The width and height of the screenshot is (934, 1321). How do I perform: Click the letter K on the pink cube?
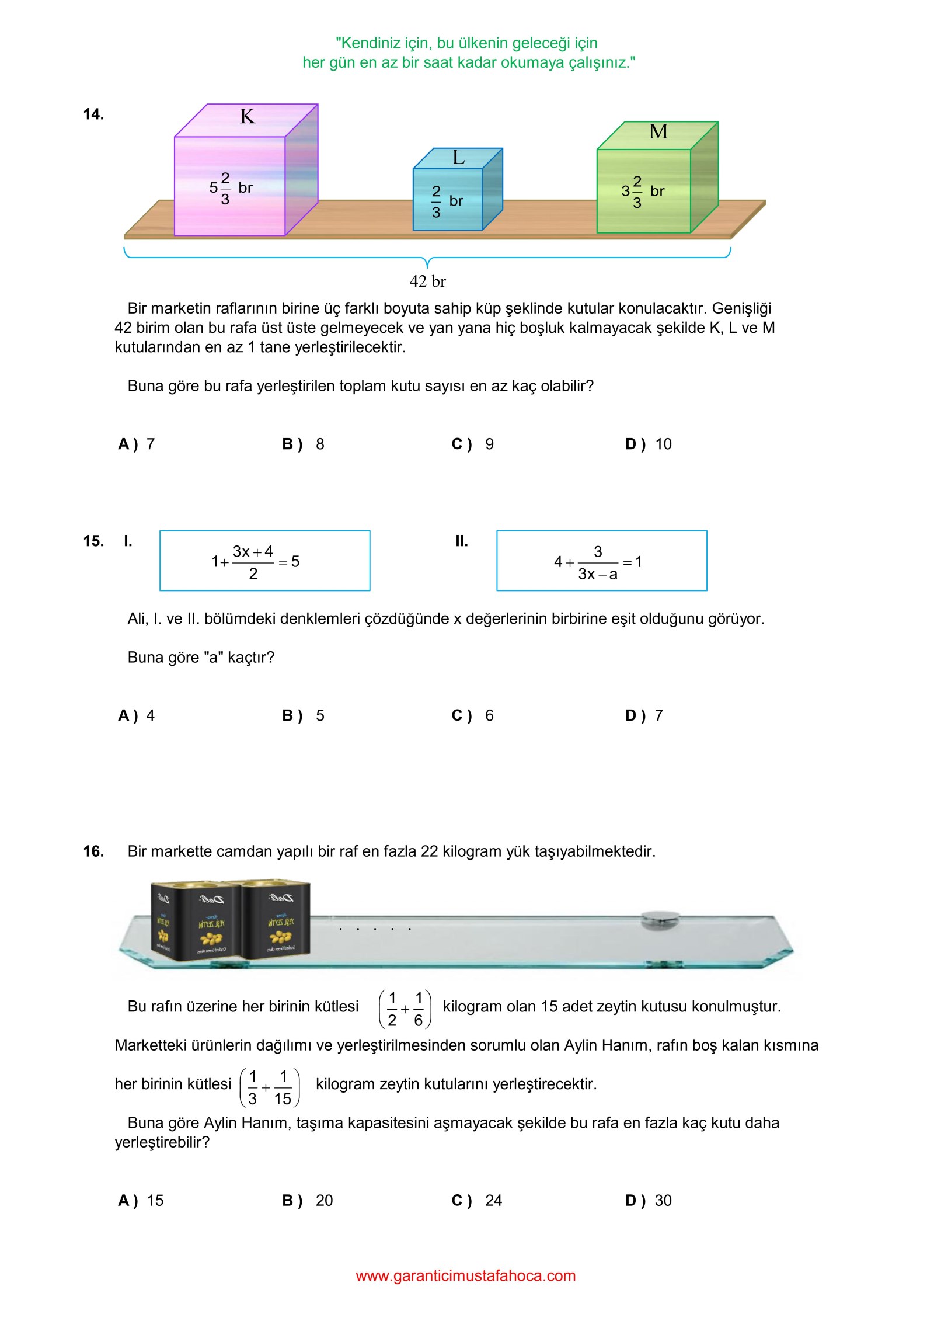[x=247, y=117]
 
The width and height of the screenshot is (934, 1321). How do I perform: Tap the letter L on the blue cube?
[x=458, y=158]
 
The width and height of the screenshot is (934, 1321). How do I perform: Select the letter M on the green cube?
[x=658, y=132]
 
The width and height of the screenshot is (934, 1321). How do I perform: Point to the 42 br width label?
[x=427, y=281]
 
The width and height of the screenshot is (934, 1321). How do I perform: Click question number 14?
[x=93, y=114]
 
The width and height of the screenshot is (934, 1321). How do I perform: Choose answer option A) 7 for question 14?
[x=137, y=444]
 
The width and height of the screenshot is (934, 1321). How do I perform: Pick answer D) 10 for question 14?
[x=648, y=444]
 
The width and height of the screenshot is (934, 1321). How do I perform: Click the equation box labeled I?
[x=264, y=561]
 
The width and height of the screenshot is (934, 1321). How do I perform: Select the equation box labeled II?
[x=601, y=561]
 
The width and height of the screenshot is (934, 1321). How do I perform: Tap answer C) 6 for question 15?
[x=473, y=716]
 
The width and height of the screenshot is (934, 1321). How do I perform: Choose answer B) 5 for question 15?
[x=304, y=716]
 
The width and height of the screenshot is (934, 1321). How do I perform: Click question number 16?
[x=93, y=851]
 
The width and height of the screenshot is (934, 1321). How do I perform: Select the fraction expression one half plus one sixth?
[x=405, y=1009]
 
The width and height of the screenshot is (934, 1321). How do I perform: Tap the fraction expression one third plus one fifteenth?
[x=269, y=1087]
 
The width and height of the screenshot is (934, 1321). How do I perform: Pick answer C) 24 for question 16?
[x=477, y=1201]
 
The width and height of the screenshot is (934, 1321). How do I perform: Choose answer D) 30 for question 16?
[x=648, y=1201]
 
